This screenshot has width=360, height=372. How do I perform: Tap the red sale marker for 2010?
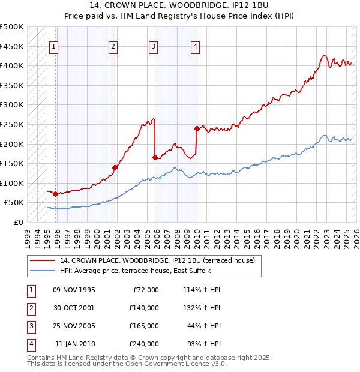[197, 128]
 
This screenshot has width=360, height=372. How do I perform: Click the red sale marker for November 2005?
[155, 158]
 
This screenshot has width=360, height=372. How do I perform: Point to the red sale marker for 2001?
[114, 167]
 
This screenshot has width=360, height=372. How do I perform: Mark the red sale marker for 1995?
[55, 194]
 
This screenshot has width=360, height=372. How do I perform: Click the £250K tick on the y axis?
[13, 124]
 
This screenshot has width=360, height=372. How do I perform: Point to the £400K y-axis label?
[13, 65]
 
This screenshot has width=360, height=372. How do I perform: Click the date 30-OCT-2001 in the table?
[74, 308]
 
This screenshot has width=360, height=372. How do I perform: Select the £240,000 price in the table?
[144, 344]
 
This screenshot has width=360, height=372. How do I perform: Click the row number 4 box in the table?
[30, 344]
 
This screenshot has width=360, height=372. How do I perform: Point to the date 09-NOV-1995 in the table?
[74, 290]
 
